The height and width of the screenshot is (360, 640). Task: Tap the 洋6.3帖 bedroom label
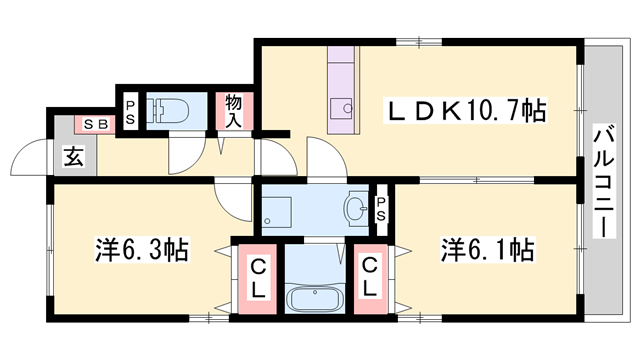coord(139,249)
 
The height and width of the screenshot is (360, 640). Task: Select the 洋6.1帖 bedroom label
coord(486,249)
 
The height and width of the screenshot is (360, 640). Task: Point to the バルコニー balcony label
coord(603,180)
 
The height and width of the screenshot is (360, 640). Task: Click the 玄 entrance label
coord(73,156)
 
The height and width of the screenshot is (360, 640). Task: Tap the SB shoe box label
coord(96,124)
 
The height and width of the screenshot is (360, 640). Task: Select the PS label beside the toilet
coord(131,111)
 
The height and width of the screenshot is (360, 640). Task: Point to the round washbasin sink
coord(354,209)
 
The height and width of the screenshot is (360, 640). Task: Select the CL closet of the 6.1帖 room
coord(369,278)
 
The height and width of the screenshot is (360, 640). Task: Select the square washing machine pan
coord(277,211)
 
